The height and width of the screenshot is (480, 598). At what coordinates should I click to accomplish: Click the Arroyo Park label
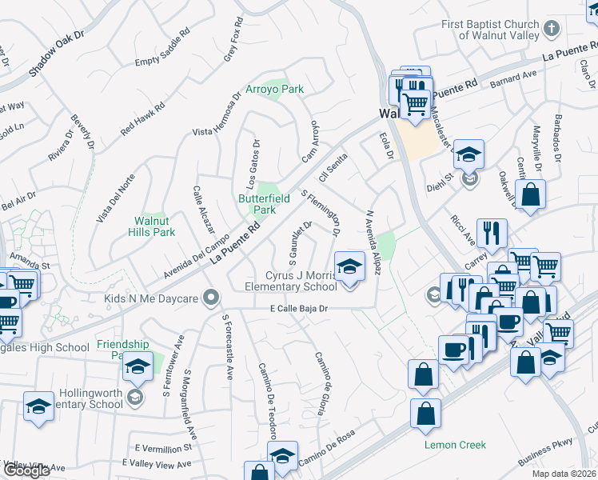coord(274,89)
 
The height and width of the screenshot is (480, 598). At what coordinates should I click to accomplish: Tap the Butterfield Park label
coord(258,203)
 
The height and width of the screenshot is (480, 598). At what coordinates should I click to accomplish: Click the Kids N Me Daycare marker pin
coord(211,298)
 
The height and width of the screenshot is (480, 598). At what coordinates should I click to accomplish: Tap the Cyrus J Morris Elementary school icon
coord(349,266)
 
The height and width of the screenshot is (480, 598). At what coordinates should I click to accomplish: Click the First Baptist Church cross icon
coord(550,30)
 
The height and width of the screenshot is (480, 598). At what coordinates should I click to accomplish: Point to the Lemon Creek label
coord(454,443)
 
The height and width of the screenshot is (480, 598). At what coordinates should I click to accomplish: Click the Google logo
coord(26,470)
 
